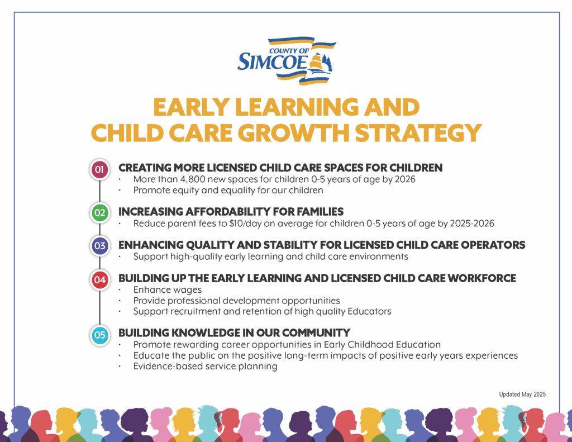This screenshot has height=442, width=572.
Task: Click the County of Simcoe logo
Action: tap(287, 60)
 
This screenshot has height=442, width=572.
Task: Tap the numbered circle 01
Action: tap(99, 170)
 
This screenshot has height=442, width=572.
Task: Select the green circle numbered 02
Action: tap(99, 213)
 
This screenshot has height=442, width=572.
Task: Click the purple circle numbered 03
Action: tap(99, 246)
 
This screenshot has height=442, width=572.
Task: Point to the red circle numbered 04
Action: tap(99, 280)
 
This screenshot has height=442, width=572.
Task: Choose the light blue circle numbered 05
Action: tap(99, 335)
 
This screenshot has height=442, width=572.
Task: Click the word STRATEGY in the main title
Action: tap(418, 133)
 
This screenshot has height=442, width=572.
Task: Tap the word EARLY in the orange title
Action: tap(192, 107)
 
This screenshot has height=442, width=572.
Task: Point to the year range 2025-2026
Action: tap(472, 224)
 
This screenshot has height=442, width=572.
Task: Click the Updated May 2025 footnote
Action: tap(522, 395)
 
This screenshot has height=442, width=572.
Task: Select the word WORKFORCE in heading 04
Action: tap(482, 278)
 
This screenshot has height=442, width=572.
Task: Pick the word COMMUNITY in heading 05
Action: tap(316, 333)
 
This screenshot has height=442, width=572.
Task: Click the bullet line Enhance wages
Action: tap(168, 290)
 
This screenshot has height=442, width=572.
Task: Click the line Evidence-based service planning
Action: tap(206, 367)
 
